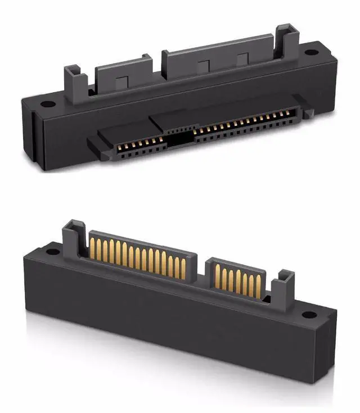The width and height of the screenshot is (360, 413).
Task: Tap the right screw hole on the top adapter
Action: tap(310, 54)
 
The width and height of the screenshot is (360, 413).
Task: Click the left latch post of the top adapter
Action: tap(74, 79)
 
